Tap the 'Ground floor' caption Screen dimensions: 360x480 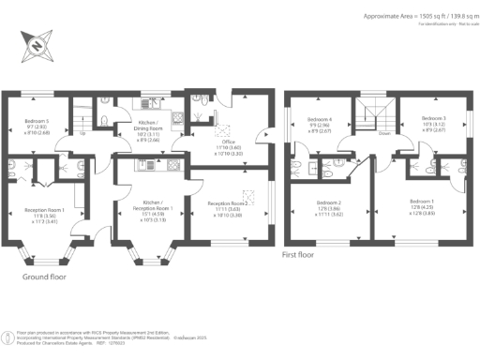click(45, 277)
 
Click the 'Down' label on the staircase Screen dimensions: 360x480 click(384, 133)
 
